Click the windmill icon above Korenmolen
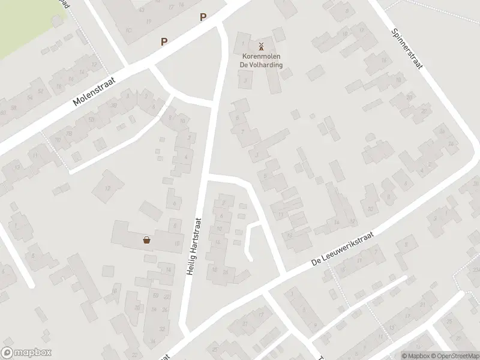261,46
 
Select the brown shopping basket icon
146,240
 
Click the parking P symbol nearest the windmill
203,18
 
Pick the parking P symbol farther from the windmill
164,41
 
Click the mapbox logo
26,352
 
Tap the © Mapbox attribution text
415,355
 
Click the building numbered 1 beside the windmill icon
243,43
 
